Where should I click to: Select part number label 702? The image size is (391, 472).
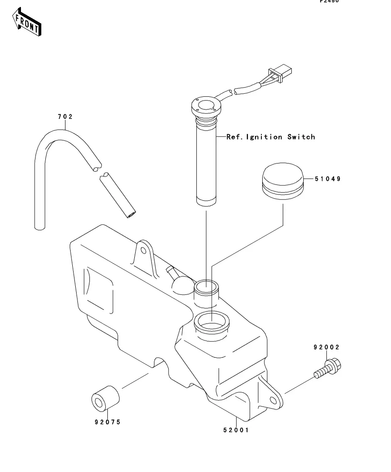point(65,116)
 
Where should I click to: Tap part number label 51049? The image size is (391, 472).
point(329,179)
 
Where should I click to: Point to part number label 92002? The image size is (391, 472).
point(326,347)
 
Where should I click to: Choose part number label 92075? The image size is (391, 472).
point(107,422)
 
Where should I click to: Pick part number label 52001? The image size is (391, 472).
point(235,430)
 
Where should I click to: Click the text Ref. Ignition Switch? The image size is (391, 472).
point(271,137)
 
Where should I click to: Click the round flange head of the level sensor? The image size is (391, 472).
point(207,107)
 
